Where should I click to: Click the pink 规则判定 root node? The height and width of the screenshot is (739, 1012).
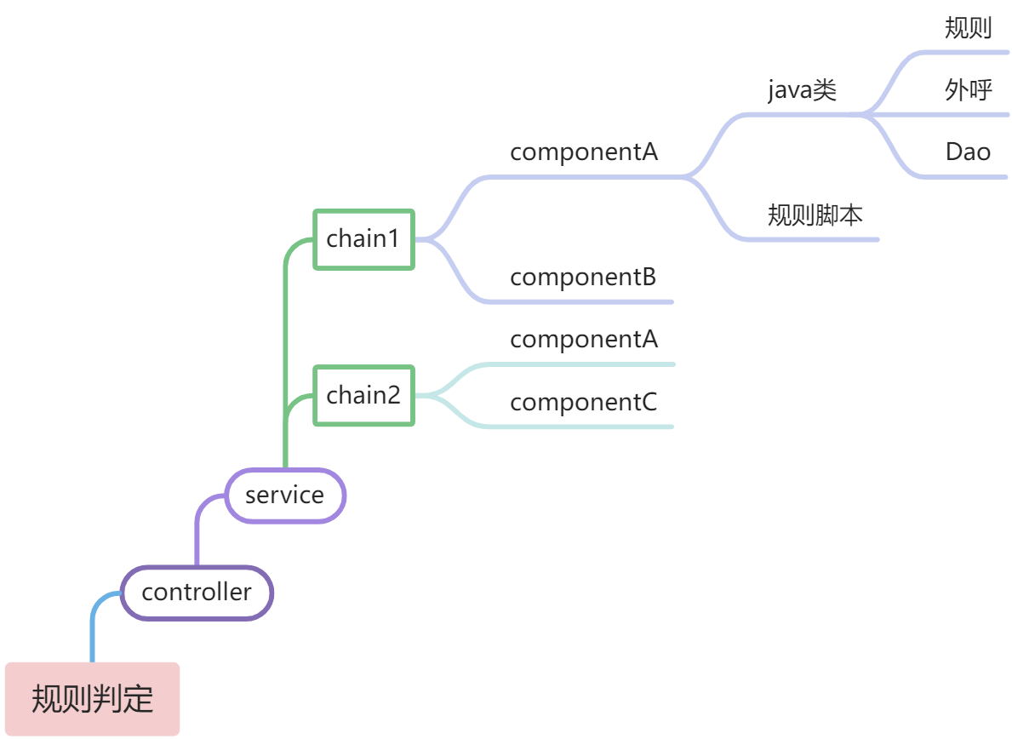point(92,699)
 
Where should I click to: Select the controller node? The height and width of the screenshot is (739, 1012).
point(197,593)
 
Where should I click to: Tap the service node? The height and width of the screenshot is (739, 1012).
point(284,495)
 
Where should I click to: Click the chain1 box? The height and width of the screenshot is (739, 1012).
point(363,239)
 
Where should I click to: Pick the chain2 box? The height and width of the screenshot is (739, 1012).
point(363,396)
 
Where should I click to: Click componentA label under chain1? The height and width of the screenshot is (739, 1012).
point(583,152)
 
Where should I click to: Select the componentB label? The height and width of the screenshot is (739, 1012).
point(583,278)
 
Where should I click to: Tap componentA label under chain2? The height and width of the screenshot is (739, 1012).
point(583,340)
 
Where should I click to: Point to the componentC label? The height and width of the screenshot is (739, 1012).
point(583,403)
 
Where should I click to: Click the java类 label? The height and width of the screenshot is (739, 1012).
point(802,89)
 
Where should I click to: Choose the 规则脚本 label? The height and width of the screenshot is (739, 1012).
point(815,215)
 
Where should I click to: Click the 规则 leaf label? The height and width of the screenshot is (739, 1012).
point(968,28)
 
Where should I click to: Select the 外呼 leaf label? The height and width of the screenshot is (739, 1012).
point(968,89)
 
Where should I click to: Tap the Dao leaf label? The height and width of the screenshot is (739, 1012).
point(968,152)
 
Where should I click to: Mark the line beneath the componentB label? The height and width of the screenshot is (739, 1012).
point(580,302)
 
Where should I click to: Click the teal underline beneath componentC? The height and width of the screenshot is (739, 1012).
point(580,427)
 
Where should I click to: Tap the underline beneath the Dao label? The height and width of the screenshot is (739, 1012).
point(963,177)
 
